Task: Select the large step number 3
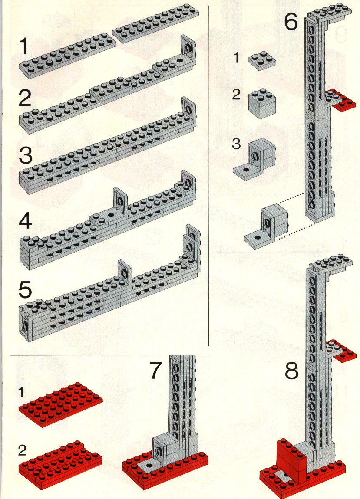tap(26, 155)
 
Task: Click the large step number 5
tap(26, 289)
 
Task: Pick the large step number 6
tap(291, 22)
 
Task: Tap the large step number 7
tap(156, 371)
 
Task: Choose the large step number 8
tap(291, 370)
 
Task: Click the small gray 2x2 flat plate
tap(262, 60)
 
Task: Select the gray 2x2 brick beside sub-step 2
tap(262, 103)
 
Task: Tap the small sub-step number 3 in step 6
tap(236, 144)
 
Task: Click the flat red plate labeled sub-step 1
tap(60, 404)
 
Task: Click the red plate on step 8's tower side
tap(341, 351)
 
